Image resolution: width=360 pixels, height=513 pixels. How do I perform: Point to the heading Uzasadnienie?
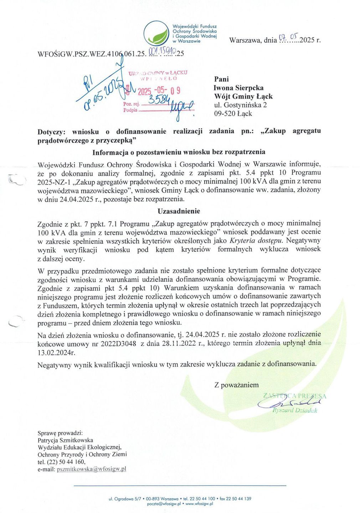tap(179, 211)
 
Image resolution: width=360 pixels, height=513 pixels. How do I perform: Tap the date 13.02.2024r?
tap(56, 352)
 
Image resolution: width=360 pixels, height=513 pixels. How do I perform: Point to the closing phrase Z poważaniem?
tap(236, 385)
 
